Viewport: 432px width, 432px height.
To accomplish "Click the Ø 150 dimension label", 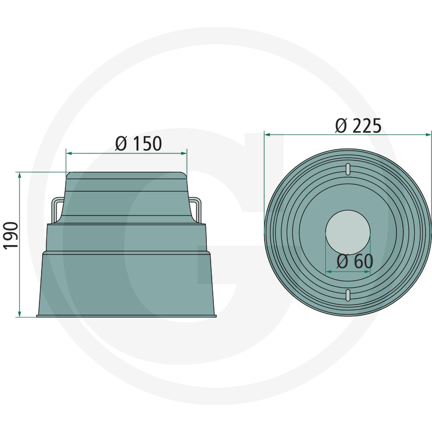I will click(x=139, y=144).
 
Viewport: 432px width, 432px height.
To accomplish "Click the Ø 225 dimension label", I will click(x=357, y=125).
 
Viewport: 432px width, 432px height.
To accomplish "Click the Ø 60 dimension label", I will click(x=354, y=261).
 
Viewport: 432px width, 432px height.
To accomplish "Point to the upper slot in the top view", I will click(x=348, y=168).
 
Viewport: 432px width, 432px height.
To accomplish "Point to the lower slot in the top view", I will click(x=348, y=294).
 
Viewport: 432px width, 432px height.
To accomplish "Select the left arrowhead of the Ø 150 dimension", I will click(x=69, y=153).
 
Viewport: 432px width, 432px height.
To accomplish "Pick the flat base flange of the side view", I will click(x=126, y=315).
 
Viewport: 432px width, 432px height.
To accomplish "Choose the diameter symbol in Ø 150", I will click(x=122, y=144).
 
